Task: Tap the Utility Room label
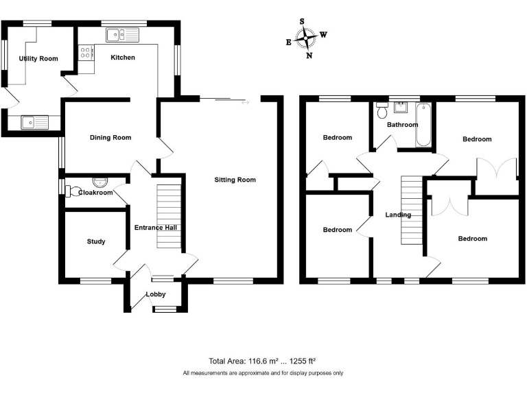tap(38, 59)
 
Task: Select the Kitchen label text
tap(123, 58)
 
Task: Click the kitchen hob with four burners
tap(86, 52)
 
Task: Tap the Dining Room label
tap(110, 138)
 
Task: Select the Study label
tap(96, 241)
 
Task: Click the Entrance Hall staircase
tap(169, 217)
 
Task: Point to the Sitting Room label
tap(235, 180)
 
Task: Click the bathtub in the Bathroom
tap(423, 125)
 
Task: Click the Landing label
tap(398, 215)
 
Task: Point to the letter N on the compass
tap(309, 56)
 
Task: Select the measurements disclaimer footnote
tap(263, 373)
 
